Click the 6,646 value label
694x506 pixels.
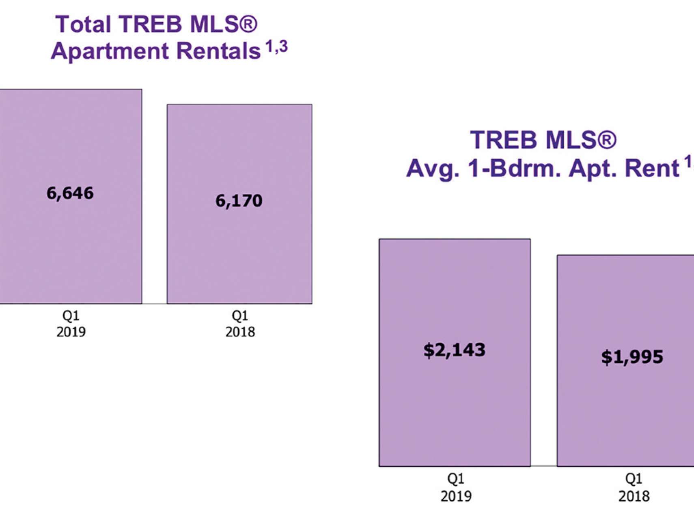[x=70, y=193]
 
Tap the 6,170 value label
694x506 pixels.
[x=239, y=201]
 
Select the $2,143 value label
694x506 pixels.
[x=454, y=350]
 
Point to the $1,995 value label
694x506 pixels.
[x=632, y=357]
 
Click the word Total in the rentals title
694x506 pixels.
[x=83, y=24]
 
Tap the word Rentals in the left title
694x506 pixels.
[x=218, y=51]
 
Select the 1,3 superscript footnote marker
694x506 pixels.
[x=277, y=47]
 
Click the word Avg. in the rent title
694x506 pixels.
[x=433, y=168]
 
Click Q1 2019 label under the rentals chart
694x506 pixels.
[x=71, y=324]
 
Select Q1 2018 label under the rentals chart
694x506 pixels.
[x=240, y=324]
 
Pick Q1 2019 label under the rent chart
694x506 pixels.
[x=456, y=487]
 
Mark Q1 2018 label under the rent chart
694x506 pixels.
[x=634, y=487]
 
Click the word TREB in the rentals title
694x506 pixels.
[x=151, y=24]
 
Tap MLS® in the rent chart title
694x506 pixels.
[x=581, y=140]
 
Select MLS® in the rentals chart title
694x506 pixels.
[x=224, y=24]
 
